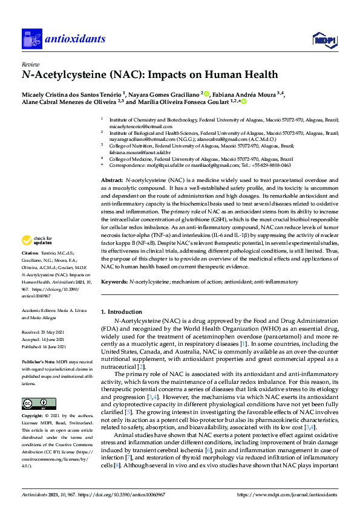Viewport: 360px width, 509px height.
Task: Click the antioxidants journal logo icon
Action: [31, 39]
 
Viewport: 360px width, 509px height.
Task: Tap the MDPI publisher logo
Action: [325, 40]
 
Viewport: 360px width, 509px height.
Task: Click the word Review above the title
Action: [30, 64]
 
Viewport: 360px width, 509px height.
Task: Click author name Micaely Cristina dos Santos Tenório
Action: [71, 94]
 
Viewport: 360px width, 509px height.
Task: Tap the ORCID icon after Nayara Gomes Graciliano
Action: [206, 94]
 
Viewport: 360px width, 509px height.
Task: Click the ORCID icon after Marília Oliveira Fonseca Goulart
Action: [244, 103]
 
